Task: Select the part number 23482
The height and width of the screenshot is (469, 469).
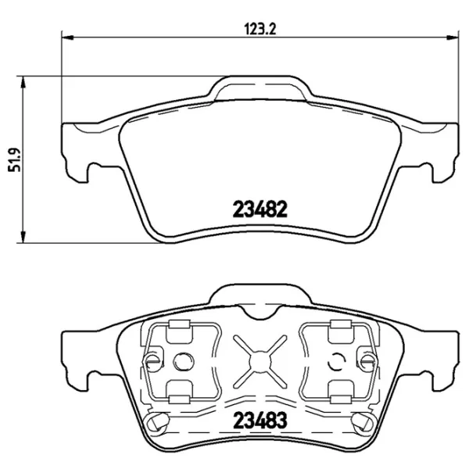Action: point(261,209)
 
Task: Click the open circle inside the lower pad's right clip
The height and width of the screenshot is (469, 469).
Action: point(337,361)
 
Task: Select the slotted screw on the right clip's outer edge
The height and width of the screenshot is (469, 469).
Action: point(364,361)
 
